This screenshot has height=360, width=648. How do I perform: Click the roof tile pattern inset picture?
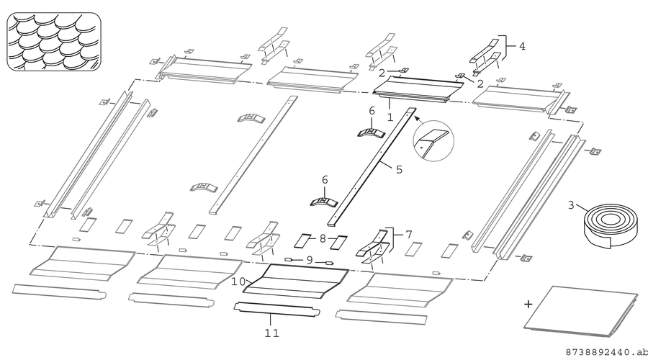[x=54, y=42]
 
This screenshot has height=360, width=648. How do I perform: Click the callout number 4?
[x=522, y=46]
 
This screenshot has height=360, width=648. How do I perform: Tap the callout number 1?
[x=390, y=117]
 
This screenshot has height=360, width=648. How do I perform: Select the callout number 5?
[x=399, y=169]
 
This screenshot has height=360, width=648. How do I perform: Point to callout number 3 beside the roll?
[x=571, y=205]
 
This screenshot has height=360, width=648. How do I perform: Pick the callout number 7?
[x=409, y=235]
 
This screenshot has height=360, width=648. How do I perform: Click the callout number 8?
[x=323, y=238]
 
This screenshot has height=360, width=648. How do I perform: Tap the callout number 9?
[x=310, y=261]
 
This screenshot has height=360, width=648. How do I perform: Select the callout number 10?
[x=238, y=282]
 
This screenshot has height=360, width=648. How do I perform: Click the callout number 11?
[x=271, y=333]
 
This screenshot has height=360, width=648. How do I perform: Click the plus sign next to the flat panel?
[x=528, y=305]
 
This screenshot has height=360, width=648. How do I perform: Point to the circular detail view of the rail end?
[x=433, y=141]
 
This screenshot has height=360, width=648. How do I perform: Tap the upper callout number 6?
[x=372, y=111]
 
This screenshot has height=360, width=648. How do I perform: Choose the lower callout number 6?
[x=325, y=180]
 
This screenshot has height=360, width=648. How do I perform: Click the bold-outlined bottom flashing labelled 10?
[x=295, y=281]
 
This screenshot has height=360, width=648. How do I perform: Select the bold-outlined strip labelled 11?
[x=277, y=310]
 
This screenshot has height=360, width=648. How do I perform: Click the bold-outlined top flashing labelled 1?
[x=418, y=91]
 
